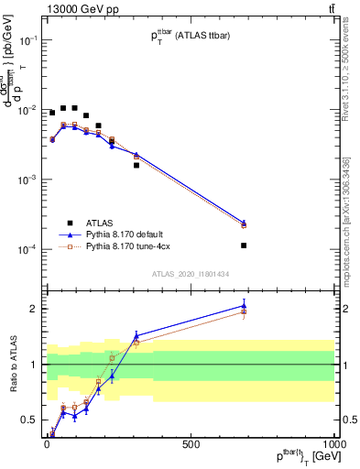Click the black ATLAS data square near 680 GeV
(x=244, y=245)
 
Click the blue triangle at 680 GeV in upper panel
(x=244, y=222)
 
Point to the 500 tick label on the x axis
(x=191, y=443)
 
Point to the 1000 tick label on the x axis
(x=334, y=443)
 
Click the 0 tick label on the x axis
(x=47, y=443)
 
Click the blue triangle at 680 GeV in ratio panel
(x=244, y=305)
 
